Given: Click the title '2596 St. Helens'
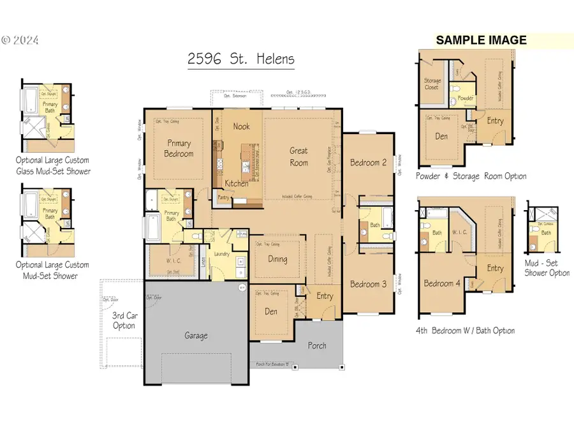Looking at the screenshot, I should pyautogui.click(x=241, y=59).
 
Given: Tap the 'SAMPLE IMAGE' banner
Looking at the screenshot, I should pyautogui.click(x=481, y=40).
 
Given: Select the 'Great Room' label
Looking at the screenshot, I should pyautogui.click(x=298, y=156).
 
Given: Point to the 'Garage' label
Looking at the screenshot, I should pyautogui.click(x=196, y=335).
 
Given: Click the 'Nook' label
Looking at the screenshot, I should pyautogui.click(x=241, y=126).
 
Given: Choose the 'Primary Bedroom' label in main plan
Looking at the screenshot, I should pyautogui.click(x=179, y=149).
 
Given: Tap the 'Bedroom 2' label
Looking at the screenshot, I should pyautogui.click(x=368, y=162).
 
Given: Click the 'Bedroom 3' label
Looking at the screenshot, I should pyautogui.click(x=368, y=284).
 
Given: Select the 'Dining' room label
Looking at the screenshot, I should pyautogui.click(x=277, y=259).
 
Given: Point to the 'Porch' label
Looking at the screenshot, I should pyautogui.click(x=317, y=345).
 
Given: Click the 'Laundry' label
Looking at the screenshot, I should pyautogui.click(x=221, y=253).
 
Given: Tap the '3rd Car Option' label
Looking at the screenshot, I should pyautogui.click(x=124, y=321).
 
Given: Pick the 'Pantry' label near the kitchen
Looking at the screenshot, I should pyautogui.click(x=223, y=198).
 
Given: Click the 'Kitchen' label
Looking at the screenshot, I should pyautogui.click(x=237, y=183).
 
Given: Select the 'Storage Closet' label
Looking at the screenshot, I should pyautogui.click(x=432, y=84).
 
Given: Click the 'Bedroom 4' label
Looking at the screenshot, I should pyautogui.click(x=442, y=284).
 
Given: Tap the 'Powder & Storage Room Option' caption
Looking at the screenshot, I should pyautogui.click(x=471, y=176).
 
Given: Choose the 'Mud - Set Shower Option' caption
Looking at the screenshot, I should pyautogui.click(x=547, y=268).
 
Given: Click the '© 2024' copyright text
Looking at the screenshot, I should pyautogui.click(x=20, y=40).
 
